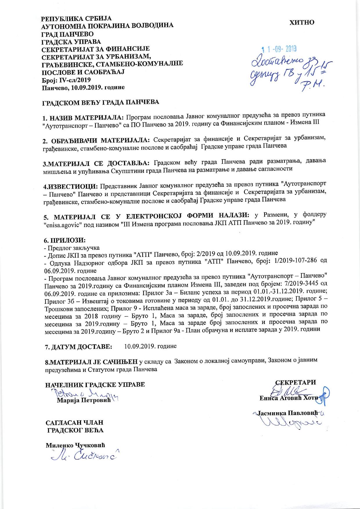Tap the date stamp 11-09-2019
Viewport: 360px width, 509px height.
point(279,49)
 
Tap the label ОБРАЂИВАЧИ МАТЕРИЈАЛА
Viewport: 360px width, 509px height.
point(96,141)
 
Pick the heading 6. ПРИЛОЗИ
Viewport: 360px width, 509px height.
point(64,240)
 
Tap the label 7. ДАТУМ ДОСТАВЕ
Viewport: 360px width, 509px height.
point(78,347)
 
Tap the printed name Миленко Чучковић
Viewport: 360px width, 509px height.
point(75,445)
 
